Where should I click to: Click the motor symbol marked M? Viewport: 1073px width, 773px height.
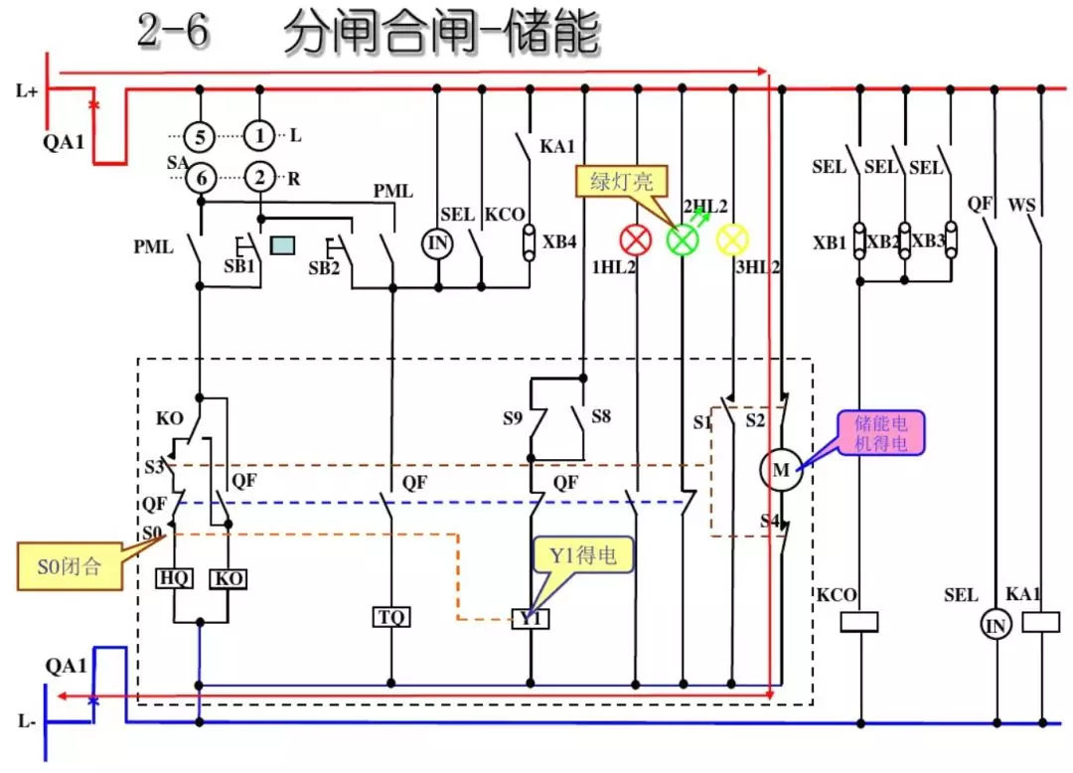coord(781,471)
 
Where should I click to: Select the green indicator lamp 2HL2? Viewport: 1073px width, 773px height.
coord(683,238)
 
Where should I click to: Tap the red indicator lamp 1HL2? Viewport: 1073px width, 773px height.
coord(634,239)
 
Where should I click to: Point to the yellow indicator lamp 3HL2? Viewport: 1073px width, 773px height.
coord(732,238)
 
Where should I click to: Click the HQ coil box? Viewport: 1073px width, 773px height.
coord(175,579)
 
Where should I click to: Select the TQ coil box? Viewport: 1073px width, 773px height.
coord(391,617)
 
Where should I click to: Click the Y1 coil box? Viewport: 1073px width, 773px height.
coord(532,618)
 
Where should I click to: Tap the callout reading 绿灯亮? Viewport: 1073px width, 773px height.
coord(622,182)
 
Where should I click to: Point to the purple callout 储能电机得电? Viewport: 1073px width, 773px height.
coord(880,433)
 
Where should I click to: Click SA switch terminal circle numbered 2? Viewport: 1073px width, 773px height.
coord(259,178)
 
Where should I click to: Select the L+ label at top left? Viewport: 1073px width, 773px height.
coord(27,91)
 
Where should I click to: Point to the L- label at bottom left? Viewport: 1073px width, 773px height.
coord(27,722)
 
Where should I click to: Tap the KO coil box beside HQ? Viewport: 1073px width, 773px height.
coord(229,579)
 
